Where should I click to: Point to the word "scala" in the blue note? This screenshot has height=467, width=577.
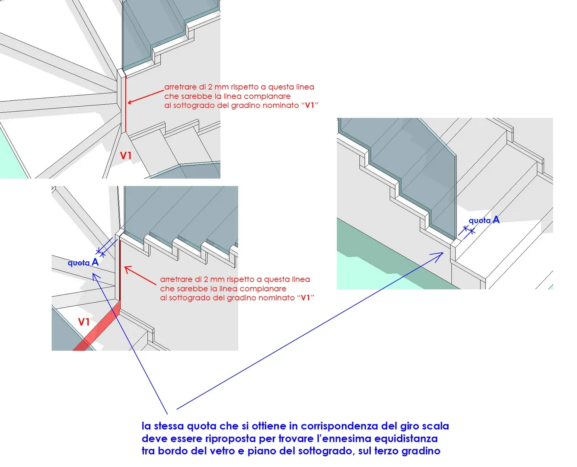click(x=435, y=426)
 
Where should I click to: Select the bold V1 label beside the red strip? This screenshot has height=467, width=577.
click(x=84, y=322)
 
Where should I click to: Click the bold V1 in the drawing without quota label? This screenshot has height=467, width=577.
click(x=126, y=156)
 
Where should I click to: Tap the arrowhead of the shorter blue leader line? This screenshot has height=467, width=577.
click(x=94, y=275)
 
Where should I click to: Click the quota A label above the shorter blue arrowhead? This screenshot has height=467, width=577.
click(x=83, y=262)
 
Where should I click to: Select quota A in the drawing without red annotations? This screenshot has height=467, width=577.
click(x=484, y=220)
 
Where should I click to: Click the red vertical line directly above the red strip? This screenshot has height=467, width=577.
click(x=119, y=268)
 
